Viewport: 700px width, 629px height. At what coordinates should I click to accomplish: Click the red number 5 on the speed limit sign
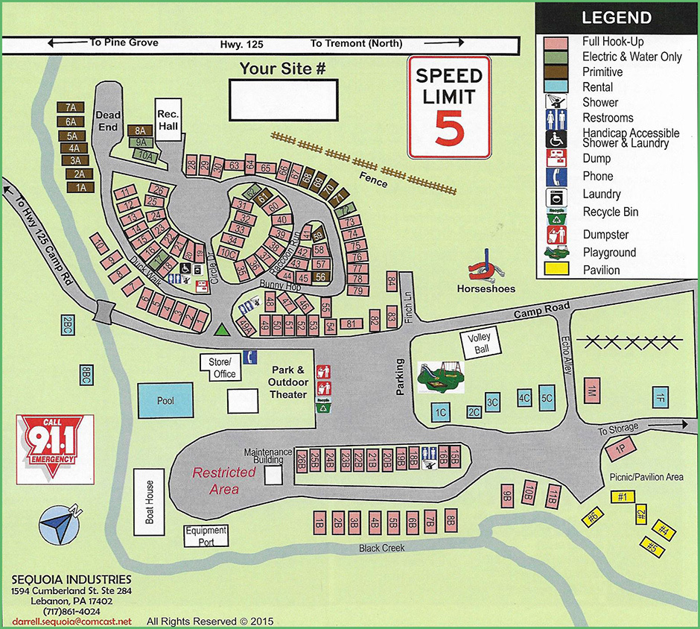tap(450, 127)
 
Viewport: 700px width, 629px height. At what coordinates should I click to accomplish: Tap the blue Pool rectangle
tap(166, 400)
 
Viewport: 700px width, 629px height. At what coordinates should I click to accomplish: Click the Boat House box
tap(149, 501)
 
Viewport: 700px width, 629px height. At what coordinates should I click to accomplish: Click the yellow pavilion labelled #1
tap(623, 497)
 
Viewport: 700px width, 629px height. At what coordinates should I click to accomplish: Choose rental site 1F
tap(660, 396)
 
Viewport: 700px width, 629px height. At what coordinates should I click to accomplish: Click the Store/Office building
tap(221, 367)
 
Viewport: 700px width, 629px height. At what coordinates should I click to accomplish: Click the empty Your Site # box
tap(282, 100)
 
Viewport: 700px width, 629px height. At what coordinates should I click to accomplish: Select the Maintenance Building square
tap(274, 474)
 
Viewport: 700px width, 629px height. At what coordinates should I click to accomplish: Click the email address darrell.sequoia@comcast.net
tap(72, 621)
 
